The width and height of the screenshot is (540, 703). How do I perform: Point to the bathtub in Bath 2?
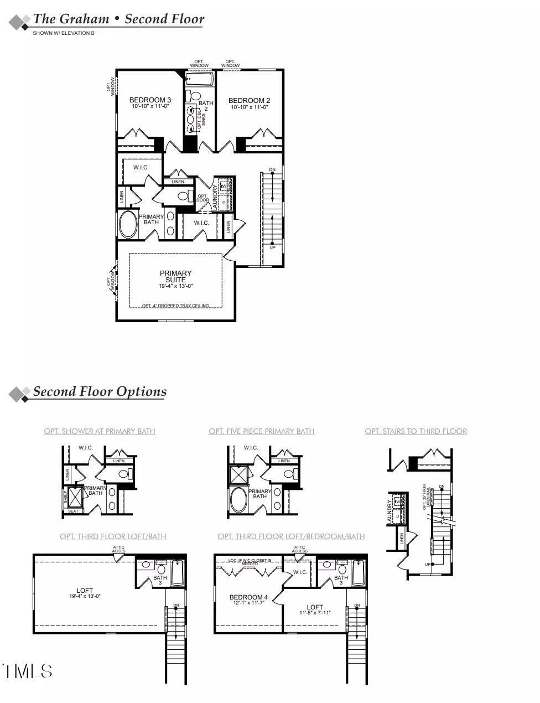tap(199, 80)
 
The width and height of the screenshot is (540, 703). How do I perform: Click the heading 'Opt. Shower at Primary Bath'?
tap(100, 431)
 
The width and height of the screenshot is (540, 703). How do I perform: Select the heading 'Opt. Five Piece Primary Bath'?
tap(261, 431)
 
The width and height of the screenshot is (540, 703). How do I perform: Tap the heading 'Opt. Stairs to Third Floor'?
tap(416, 431)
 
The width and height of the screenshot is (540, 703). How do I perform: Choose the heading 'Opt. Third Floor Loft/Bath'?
tap(113, 536)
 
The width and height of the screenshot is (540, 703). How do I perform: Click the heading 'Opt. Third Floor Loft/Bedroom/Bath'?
tap(291, 536)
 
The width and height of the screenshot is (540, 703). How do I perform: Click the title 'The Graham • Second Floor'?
tap(118, 19)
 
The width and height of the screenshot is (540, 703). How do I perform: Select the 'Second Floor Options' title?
tap(100, 391)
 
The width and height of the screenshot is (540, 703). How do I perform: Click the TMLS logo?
tap(28, 671)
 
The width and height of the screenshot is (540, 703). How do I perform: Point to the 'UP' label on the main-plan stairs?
tap(272, 247)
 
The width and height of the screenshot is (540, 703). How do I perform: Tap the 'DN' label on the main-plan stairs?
tap(272, 169)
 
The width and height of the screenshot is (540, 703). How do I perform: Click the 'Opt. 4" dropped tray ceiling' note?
tap(175, 306)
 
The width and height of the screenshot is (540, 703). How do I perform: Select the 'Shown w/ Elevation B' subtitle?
tap(64, 33)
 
